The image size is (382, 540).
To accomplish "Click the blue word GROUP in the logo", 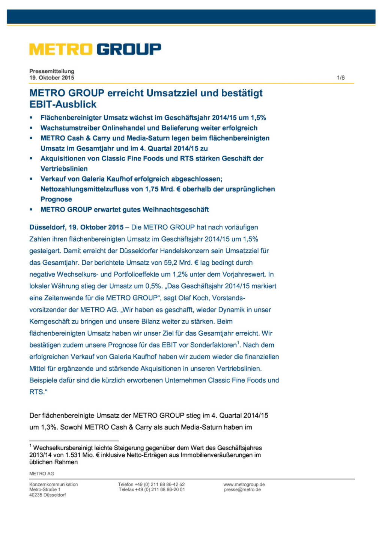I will tap(129, 49).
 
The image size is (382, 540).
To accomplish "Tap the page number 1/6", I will tap(341, 78).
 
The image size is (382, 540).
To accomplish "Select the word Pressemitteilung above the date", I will tap(52, 71).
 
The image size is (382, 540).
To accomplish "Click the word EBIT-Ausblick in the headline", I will tap(63, 104).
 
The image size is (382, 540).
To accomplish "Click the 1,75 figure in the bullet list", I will tap(152, 189).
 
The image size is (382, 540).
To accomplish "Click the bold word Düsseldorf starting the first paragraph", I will tap(47, 227).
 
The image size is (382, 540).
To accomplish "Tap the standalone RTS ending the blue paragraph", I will tap(36, 392).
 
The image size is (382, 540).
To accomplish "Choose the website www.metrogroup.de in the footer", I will tap(244, 484).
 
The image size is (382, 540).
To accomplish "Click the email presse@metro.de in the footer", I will tap(242, 489).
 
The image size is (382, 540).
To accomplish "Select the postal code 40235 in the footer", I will tap(36, 495).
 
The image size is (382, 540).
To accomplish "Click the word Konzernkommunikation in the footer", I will tap(54, 484).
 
